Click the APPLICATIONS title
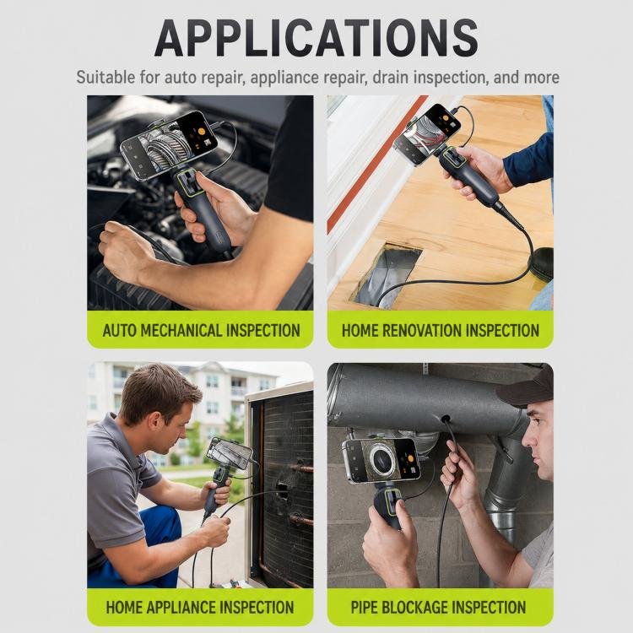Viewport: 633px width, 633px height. (316, 38)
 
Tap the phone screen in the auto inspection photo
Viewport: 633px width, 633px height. (169, 144)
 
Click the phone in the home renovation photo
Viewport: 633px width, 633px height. (427, 133)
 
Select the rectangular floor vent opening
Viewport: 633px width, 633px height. (387, 274)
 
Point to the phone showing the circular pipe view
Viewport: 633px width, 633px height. (381, 460)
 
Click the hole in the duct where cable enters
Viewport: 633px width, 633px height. (446, 419)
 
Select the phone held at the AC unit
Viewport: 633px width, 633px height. (229, 453)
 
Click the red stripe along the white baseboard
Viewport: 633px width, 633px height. (376, 165)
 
